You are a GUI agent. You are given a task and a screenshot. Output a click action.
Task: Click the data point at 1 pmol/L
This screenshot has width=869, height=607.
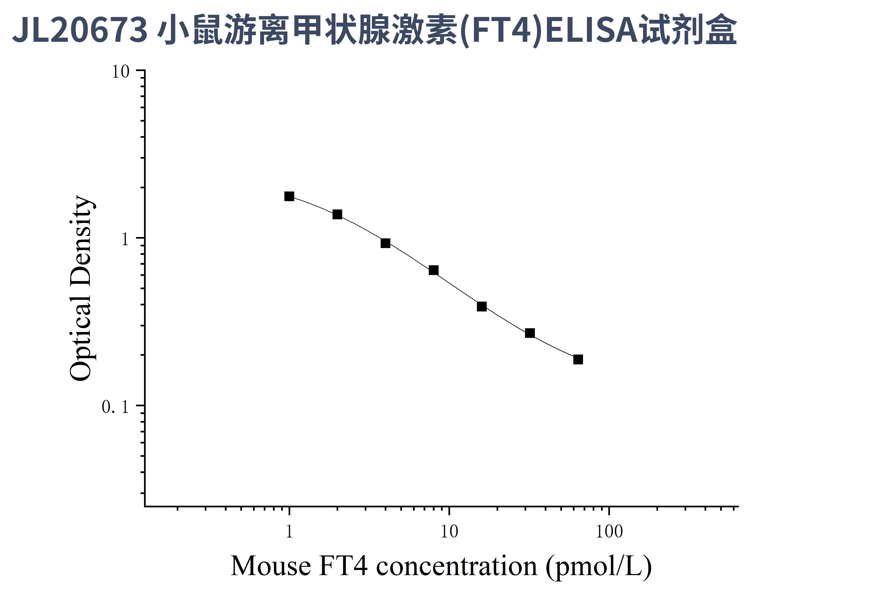(x=289, y=196)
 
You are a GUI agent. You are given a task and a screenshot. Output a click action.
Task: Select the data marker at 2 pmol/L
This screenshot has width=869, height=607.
(x=337, y=214)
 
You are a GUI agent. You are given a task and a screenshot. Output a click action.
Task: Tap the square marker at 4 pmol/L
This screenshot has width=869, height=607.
(x=385, y=243)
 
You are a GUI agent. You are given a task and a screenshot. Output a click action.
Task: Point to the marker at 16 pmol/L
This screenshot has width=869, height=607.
(x=482, y=306)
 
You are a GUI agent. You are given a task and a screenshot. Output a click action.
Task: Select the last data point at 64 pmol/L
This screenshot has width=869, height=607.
(x=578, y=359)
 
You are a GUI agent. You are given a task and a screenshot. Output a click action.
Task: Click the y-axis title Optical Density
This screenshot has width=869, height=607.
(x=81, y=288)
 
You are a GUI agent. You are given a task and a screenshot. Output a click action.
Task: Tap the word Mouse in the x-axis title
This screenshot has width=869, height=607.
(x=271, y=566)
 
